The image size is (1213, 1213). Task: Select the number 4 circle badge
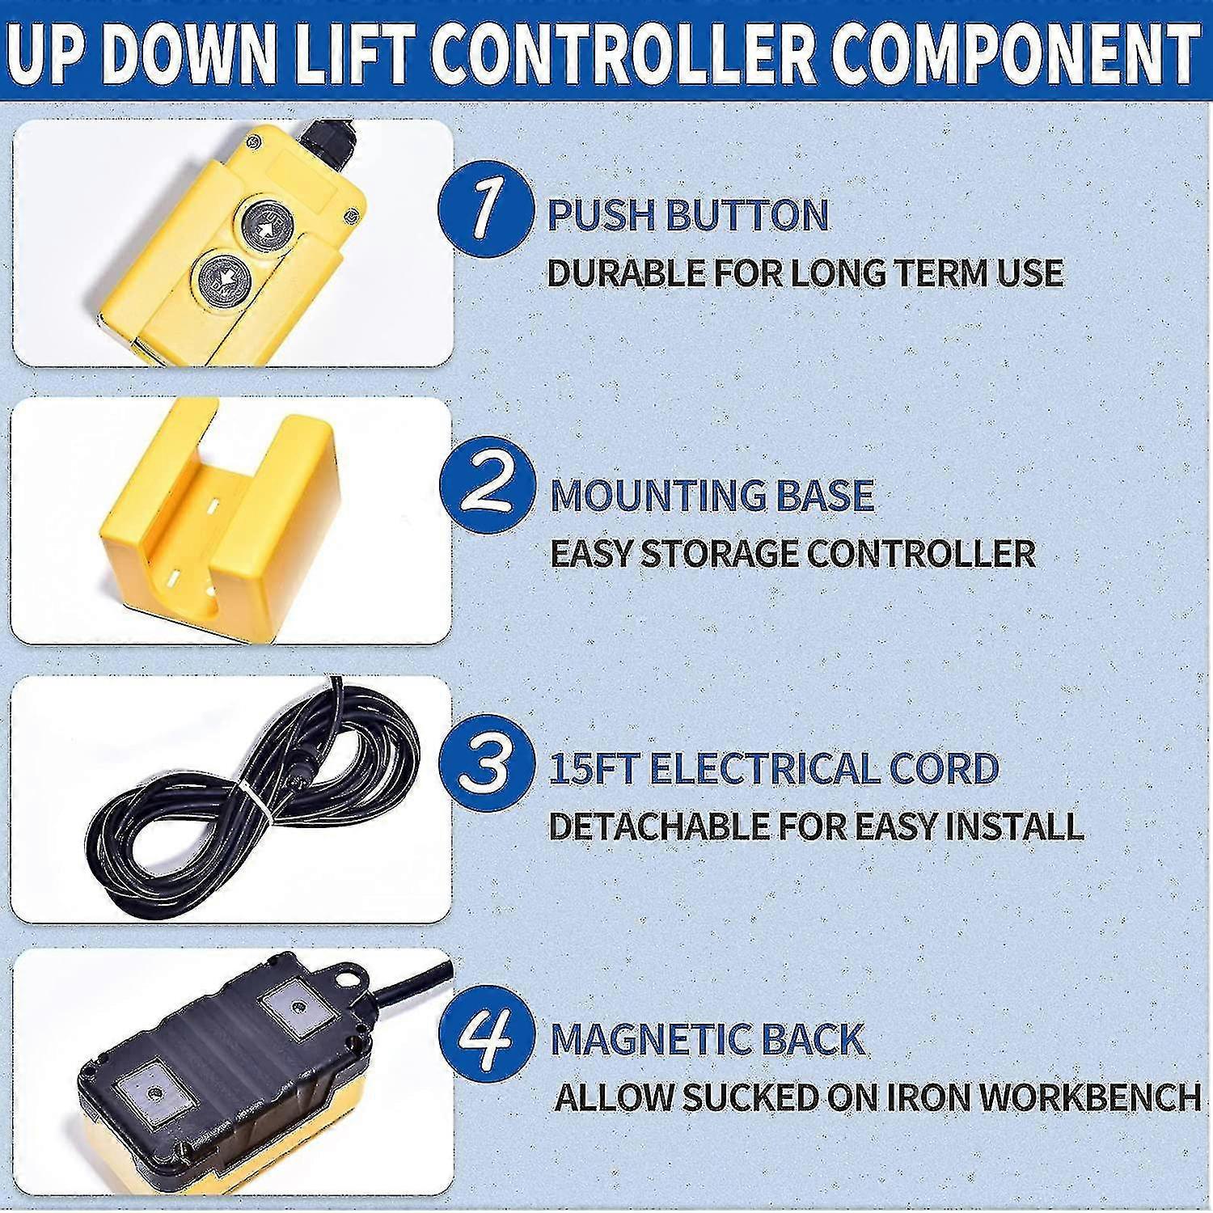(486, 1036)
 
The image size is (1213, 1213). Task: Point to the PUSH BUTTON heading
(688, 215)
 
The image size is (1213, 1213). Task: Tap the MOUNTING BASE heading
(712, 495)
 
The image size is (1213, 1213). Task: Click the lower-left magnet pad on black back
(151, 1090)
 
